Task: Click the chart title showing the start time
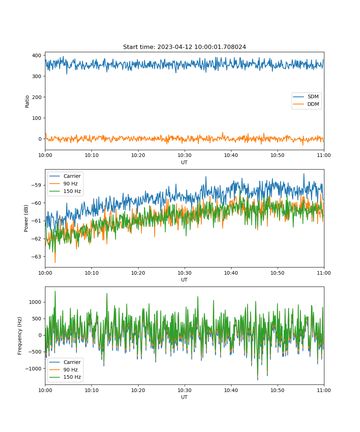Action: click(184, 47)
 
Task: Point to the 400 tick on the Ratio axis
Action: click(37, 55)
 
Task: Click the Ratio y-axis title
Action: click(27, 102)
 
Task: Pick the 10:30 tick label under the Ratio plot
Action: click(185, 155)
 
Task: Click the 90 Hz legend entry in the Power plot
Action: click(63, 184)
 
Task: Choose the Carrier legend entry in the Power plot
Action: click(65, 176)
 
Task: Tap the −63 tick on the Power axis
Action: click(36, 257)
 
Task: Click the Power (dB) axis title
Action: click(26, 218)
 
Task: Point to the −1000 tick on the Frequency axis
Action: click(33, 369)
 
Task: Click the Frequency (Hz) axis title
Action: click(20, 336)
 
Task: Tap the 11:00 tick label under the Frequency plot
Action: click(324, 390)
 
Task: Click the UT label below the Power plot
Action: click(184, 280)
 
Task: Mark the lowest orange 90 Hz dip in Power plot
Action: click(55, 262)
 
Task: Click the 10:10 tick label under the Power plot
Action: click(92, 273)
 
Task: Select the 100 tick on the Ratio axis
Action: click(37, 118)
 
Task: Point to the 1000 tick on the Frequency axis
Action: click(35, 302)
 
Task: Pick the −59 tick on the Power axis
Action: click(36, 185)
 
